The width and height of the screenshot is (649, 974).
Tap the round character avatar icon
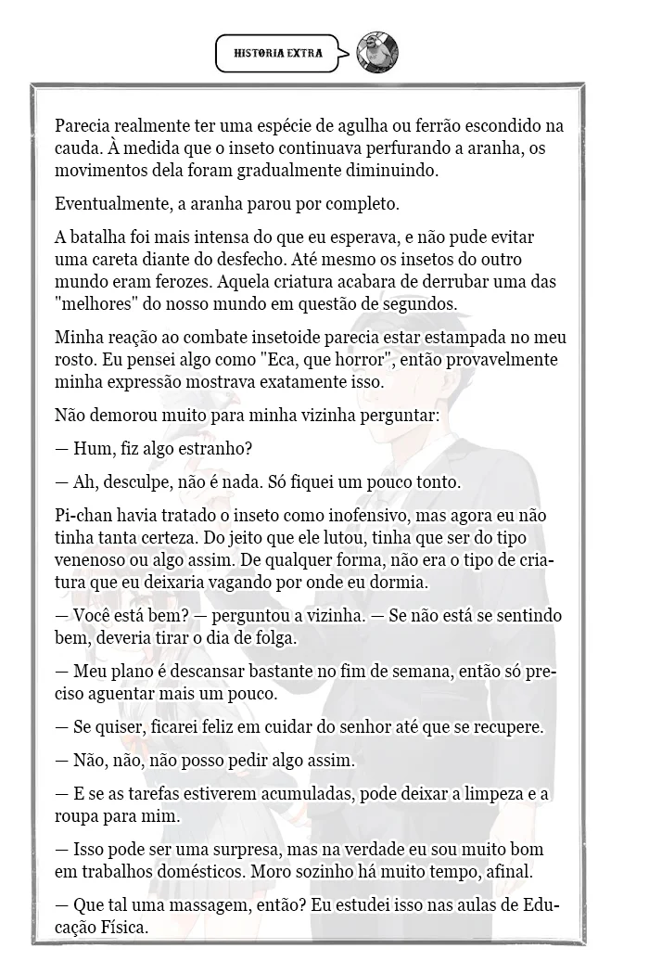click(377, 53)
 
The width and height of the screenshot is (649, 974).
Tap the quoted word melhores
click(95, 304)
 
